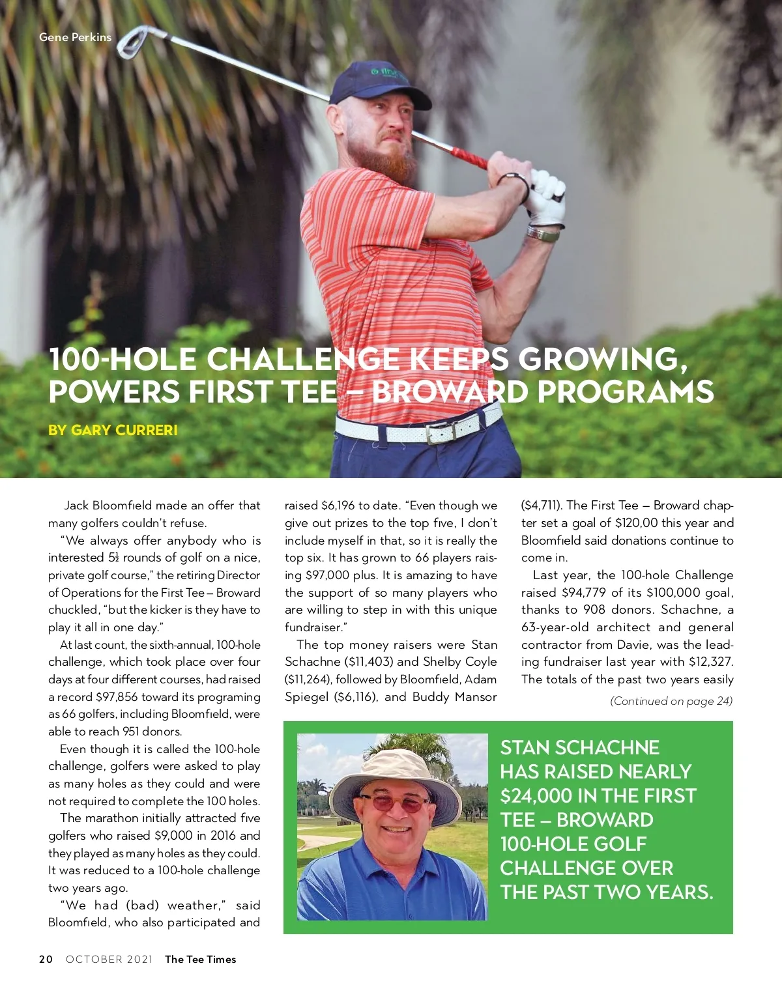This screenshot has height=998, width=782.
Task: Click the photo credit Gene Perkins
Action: (x=75, y=37)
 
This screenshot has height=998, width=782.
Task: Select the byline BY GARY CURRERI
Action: (x=113, y=430)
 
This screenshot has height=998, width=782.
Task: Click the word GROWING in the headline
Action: (x=602, y=360)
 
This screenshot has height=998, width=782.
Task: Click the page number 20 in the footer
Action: (x=46, y=959)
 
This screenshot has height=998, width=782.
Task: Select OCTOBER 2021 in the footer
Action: (x=109, y=959)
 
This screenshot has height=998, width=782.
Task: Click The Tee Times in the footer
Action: (x=201, y=959)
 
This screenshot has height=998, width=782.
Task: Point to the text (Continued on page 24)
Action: (x=671, y=701)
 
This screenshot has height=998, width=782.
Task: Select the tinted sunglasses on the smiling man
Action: (x=393, y=803)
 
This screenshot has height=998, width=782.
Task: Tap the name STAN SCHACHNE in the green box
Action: (x=579, y=748)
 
